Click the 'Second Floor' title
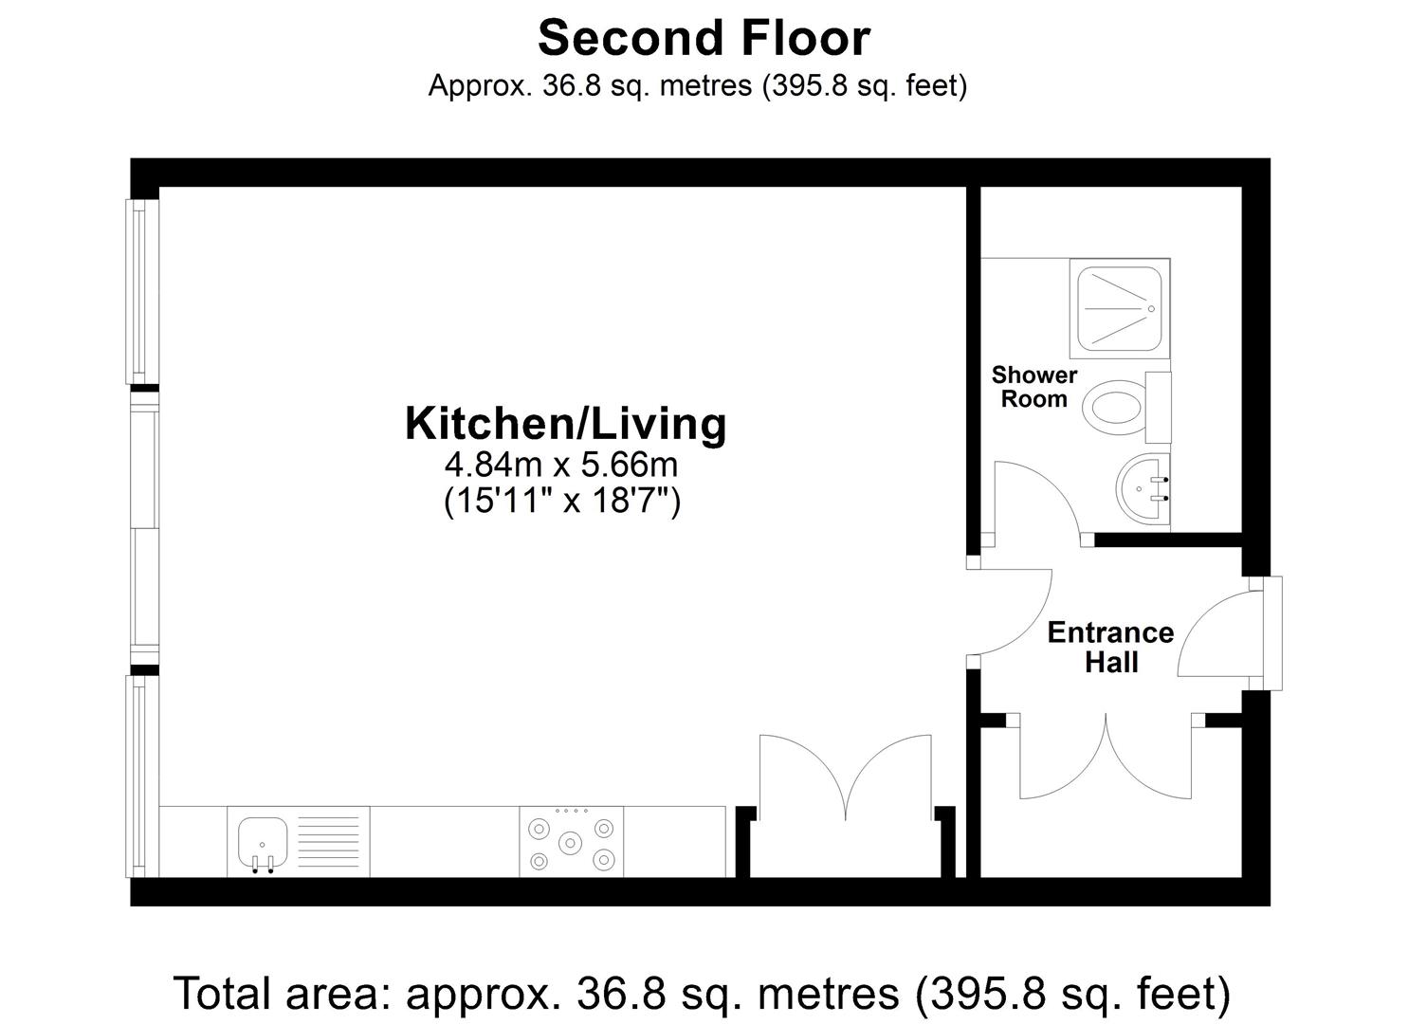pos(704,38)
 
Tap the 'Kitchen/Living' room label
pos(566,425)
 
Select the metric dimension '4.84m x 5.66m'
pos(561,466)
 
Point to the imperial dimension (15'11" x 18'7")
pos(562,502)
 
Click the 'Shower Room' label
pos(1034,387)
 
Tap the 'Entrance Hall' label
pos(1110,648)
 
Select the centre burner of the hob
pos(570,842)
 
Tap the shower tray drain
pos(1152,309)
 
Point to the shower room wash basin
pos(1143,487)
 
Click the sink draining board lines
pos(328,842)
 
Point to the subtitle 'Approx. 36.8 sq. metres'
pos(590,85)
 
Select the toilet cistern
pos(1158,408)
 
